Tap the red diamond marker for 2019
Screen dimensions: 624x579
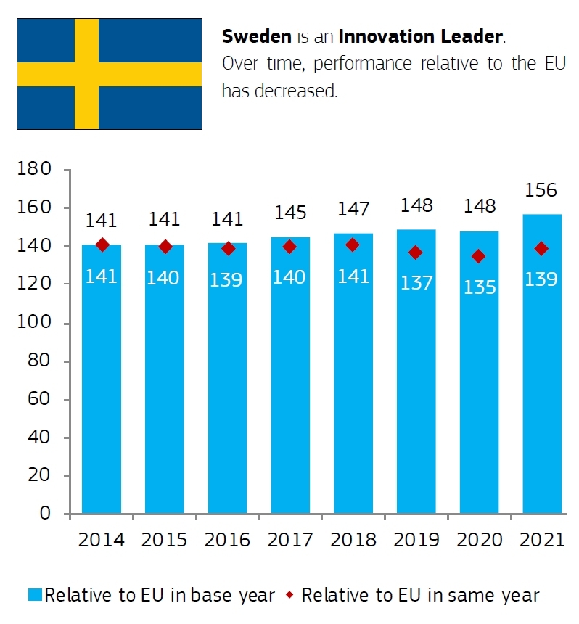pyautogui.click(x=415, y=253)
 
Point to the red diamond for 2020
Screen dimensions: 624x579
pyautogui.click(x=478, y=256)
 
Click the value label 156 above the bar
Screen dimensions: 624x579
pyautogui.click(x=541, y=191)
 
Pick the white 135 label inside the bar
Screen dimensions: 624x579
pyautogui.click(x=478, y=287)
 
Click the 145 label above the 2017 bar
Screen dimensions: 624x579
pyautogui.click(x=289, y=213)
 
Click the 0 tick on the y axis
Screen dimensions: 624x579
pyautogui.click(x=45, y=514)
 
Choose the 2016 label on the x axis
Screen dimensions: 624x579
pyautogui.click(x=227, y=541)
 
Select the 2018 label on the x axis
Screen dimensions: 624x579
pyautogui.click(x=353, y=541)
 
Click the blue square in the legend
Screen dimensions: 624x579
pyautogui.click(x=35, y=596)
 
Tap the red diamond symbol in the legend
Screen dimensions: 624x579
pyautogui.click(x=289, y=596)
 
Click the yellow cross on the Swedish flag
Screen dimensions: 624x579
pyautogui.click(x=87, y=74)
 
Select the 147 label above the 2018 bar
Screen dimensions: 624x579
pyautogui.click(x=353, y=210)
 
